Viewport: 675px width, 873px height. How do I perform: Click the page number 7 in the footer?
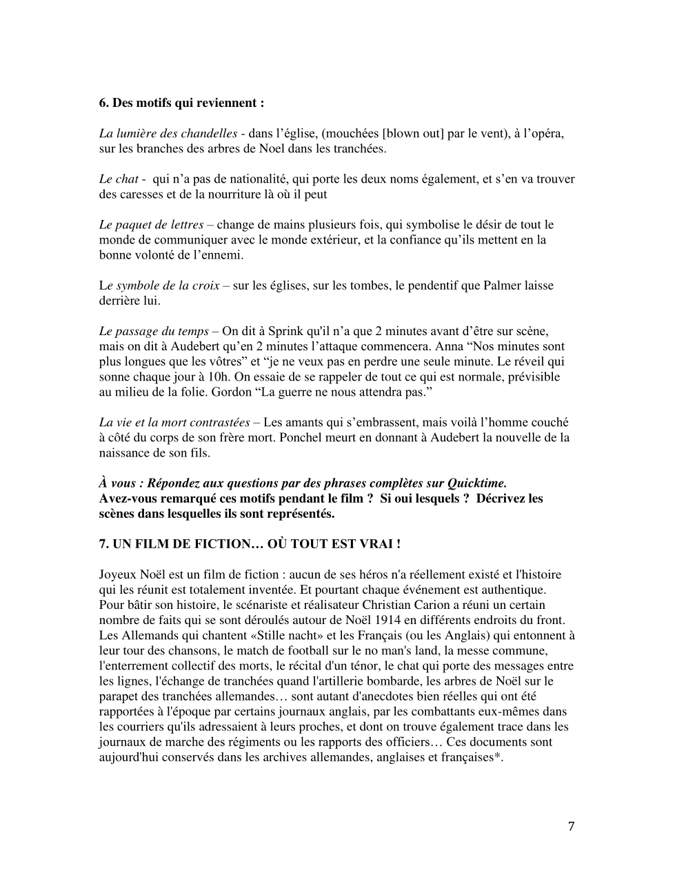(571, 827)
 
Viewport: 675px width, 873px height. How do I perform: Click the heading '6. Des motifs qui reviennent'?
(181, 103)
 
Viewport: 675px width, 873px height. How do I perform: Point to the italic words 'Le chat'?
(119, 179)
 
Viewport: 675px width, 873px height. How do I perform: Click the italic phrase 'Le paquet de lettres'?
(151, 225)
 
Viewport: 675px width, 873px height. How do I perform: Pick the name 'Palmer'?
(478, 285)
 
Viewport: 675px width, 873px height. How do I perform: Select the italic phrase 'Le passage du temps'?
(154, 331)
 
